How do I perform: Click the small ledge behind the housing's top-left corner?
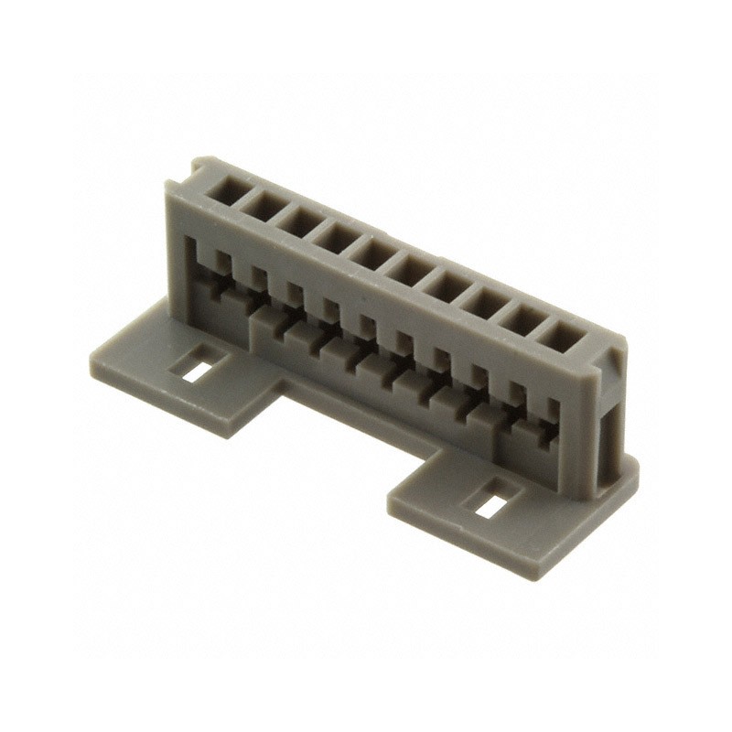pos(196,167)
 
